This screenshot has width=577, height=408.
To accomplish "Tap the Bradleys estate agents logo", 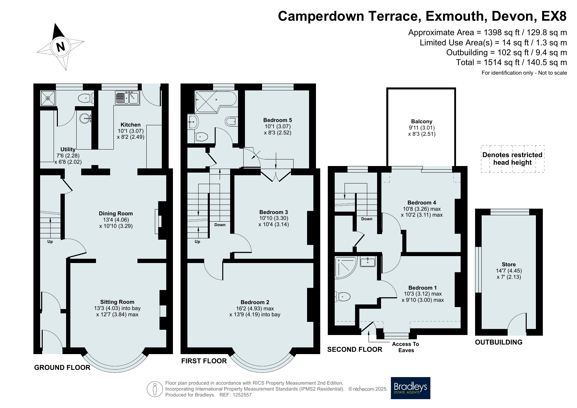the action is [410, 388].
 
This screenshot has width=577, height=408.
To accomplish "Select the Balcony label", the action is [421, 121].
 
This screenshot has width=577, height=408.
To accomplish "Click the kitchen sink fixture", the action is [128, 98].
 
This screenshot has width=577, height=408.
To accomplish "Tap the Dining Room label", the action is [116, 213].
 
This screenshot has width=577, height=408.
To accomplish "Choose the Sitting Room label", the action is [117, 302].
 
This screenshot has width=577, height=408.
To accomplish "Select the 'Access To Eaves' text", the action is [406, 347].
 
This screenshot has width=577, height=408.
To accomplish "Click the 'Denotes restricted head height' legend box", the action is [512, 159].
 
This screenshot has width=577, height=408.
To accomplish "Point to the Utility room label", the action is [68, 149].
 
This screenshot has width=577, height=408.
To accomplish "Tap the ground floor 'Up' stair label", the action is [50, 242].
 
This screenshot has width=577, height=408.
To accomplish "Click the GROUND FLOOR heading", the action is [62, 367].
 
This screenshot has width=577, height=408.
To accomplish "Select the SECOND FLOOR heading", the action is [355, 349].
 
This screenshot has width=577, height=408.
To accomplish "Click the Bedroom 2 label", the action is [255, 302].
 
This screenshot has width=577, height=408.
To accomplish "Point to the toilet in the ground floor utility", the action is [86, 98].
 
